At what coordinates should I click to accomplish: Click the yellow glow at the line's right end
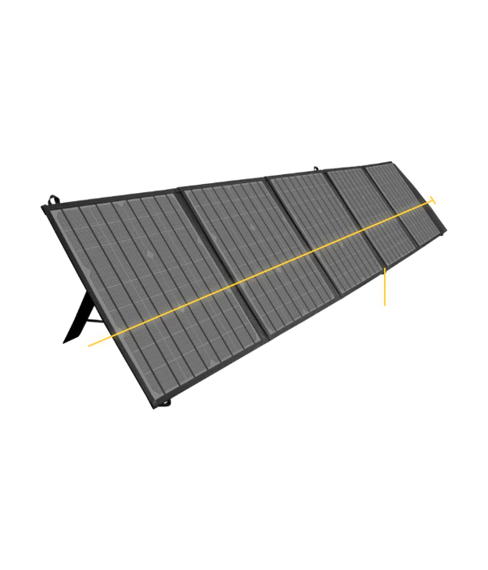(x=435, y=198)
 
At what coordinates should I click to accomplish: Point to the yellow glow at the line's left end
(x=96, y=342)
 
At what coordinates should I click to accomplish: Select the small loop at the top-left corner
(x=54, y=197)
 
